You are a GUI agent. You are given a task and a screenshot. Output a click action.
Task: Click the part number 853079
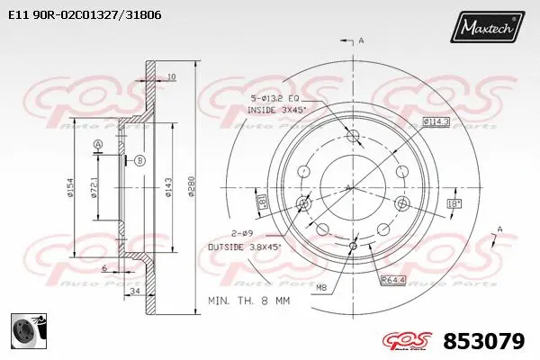click(x=483, y=342)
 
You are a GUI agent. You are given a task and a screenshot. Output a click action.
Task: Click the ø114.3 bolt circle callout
click(x=436, y=122)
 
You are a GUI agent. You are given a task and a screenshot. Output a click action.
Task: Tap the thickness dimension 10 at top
click(x=171, y=76)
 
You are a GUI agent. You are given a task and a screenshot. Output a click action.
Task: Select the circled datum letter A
click(x=98, y=145)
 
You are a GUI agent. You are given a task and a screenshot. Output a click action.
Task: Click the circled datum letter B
click(x=139, y=160)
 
